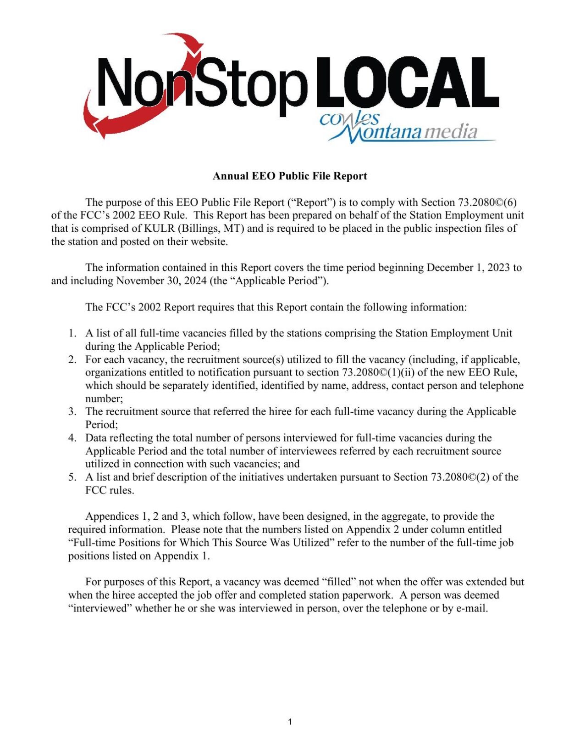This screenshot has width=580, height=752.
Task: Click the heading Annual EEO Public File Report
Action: pos(290,176)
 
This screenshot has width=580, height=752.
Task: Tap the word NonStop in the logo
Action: pos(202,85)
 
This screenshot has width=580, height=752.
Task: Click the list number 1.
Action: pos(72,333)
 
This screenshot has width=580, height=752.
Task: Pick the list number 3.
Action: pos(72,411)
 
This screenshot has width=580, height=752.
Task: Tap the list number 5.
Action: pos(72,477)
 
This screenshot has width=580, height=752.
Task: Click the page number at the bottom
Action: pos(290,722)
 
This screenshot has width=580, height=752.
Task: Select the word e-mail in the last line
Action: pos(472,608)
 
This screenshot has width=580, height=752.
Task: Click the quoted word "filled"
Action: pos(340,582)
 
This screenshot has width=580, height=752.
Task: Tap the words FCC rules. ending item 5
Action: pos(110,490)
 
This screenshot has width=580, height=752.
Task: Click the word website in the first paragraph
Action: pos(209,241)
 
